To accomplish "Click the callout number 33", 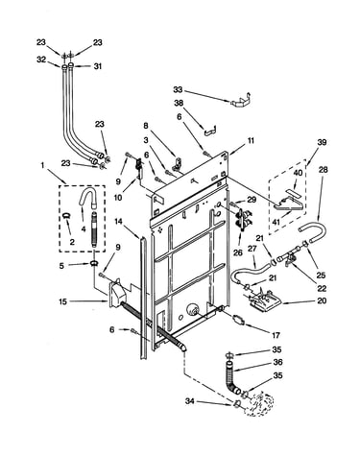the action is pos(178,89).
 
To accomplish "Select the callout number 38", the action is pos(179,103).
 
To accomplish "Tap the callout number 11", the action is pos(251,140).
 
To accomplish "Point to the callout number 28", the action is pos(323,169).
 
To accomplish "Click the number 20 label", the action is pos(322,300).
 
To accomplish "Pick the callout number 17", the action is pos(276,335).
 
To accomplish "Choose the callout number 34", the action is pos(190,400).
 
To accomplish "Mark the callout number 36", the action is pos(277,362).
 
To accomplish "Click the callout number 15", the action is pos(63,301).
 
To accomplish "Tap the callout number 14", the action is pos(119,221).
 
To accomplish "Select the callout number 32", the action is pos(41,60).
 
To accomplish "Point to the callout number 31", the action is pos(98,66).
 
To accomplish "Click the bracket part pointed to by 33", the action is pos(240,102).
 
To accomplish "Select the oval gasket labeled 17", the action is pos(238,320).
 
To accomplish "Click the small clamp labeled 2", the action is pos(67,216).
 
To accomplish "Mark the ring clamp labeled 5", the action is pos(93,264).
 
